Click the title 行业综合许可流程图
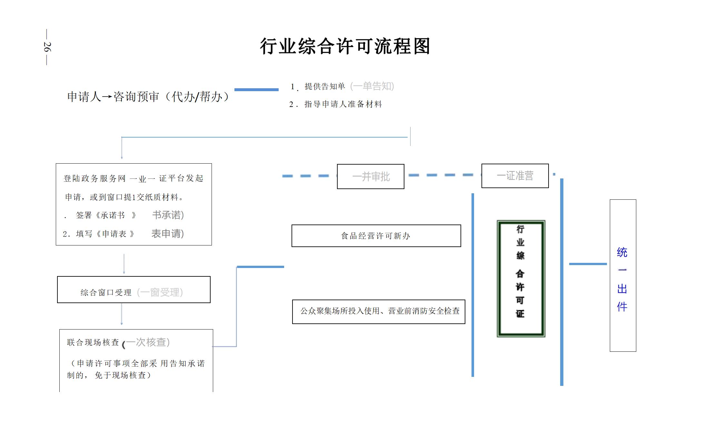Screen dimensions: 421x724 [345, 46]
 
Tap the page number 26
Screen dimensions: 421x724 [47, 47]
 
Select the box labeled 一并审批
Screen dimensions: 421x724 [371, 177]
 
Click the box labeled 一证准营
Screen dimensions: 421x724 [515, 176]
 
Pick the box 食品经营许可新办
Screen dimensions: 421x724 [376, 236]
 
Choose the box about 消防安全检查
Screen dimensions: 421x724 [379, 311]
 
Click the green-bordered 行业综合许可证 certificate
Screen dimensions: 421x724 [521, 279]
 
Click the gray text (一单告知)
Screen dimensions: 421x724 [372, 86]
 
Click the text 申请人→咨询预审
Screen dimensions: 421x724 [113, 97]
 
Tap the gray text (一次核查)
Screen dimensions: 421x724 [147, 342]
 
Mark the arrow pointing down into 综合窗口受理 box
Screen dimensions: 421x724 [124, 264]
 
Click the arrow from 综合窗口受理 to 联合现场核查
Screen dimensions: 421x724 [122, 314]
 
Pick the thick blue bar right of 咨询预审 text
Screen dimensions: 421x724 [256, 90]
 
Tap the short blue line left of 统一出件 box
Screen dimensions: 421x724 [588, 264]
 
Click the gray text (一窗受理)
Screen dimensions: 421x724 [160, 292]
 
